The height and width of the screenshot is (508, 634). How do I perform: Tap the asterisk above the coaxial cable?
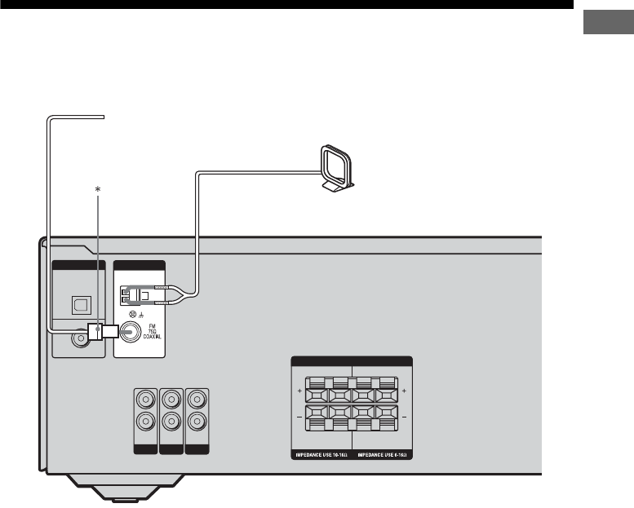click(x=98, y=189)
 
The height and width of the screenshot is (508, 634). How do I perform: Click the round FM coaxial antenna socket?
click(x=128, y=332)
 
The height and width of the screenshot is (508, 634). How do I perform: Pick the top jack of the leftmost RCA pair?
click(x=144, y=401)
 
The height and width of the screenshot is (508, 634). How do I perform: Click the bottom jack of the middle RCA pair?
click(x=171, y=423)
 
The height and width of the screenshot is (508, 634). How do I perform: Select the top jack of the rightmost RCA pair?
click(x=197, y=401)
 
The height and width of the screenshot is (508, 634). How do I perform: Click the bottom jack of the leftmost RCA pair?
click(x=144, y=423)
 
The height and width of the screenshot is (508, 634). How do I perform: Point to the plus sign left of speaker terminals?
click(x=299, y=392)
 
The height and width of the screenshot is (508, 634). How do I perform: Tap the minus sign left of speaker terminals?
click(x=299, y=417)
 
